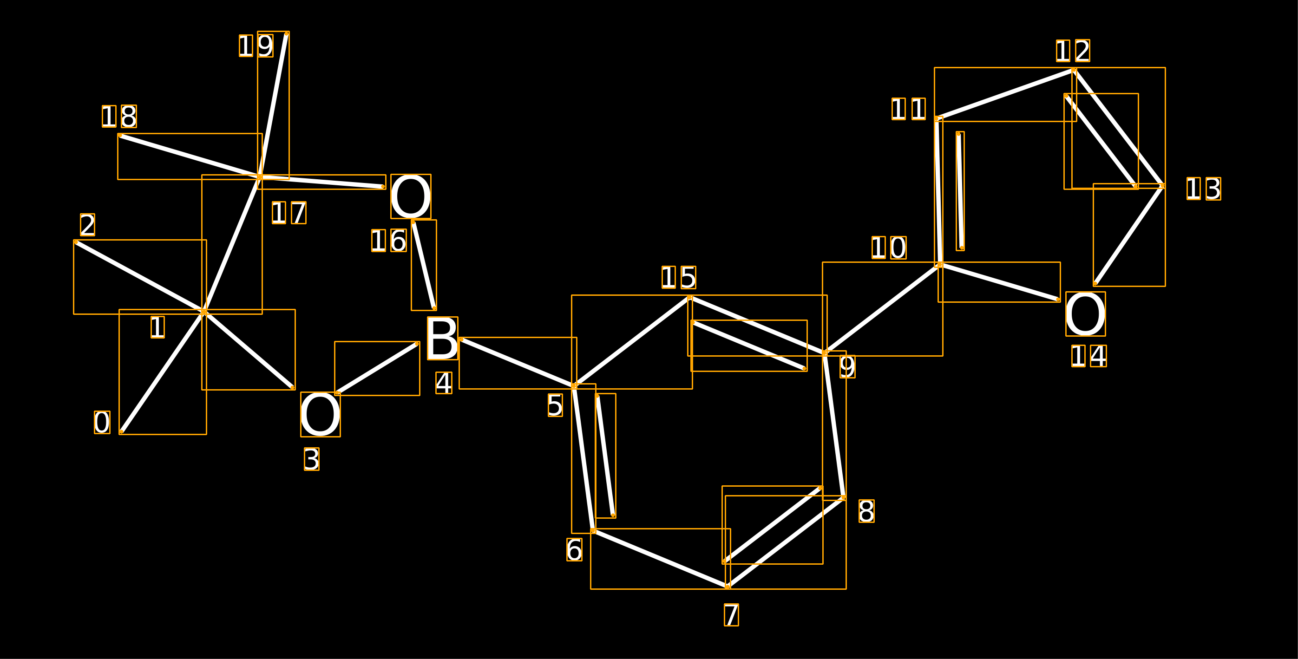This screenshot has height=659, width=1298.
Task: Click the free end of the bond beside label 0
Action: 121,432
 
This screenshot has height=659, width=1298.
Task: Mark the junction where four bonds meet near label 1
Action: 204,313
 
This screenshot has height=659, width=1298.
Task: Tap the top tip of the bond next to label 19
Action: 287,34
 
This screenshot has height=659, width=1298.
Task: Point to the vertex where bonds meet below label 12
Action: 1074,70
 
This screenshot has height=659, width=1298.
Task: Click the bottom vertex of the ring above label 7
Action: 728,587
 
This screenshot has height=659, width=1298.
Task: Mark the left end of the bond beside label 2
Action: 76,242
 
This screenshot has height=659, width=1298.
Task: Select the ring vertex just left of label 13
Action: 1162,186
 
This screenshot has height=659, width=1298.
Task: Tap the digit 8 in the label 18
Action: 129,117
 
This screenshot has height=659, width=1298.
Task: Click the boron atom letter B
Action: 442,338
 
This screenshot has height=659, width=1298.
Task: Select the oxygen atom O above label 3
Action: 321,414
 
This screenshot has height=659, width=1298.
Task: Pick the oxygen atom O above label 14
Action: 1086,314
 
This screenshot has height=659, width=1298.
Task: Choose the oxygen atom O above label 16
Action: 411,196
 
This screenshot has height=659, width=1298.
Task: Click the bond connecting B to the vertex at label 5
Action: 518,363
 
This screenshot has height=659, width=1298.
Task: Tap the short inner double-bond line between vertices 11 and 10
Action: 960,191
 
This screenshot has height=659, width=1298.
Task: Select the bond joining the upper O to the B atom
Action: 424,265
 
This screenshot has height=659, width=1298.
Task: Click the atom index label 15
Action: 679,278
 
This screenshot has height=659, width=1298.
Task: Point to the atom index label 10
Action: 889,248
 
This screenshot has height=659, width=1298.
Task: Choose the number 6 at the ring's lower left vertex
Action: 574,550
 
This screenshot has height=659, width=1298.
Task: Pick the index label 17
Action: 288,213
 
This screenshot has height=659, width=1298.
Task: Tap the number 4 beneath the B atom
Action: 444,383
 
